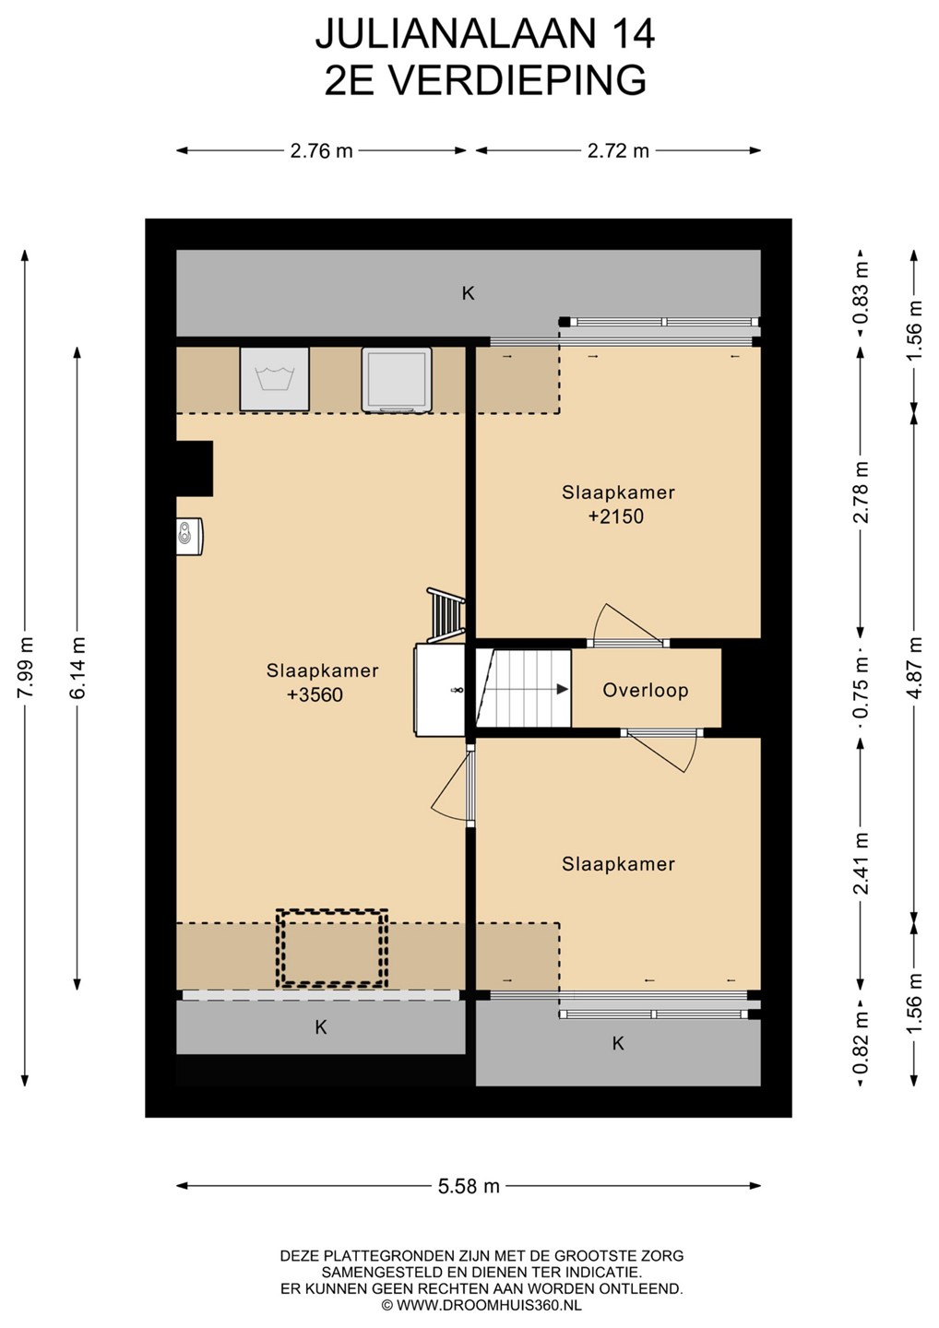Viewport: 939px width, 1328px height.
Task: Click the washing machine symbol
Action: pyautogui.click(x=275, y=379)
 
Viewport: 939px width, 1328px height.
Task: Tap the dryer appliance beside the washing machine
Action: pyautogui.click(x=397, y=379)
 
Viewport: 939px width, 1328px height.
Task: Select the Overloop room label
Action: pyautogui.click(x=646, y=690)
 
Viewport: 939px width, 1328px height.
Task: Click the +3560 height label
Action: pyautogui.click(x=315, y=694)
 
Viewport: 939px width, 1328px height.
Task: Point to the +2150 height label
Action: pyautogui.click(x=616, y=516)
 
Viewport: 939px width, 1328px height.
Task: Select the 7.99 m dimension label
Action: pyautogui.click(x=25, y=668)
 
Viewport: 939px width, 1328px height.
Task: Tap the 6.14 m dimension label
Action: pyautogui.click(x=77, y=668)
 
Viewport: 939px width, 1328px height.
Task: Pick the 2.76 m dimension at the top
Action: pyautogui.click(x=321, y=151)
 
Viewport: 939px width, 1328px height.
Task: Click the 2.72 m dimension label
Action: pyautogui.click(x=618, y=151)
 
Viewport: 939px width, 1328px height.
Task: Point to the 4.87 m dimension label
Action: pyautogui.click(x=914, y=668)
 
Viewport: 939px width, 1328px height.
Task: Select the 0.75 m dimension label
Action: pyautogui.click(x=861, y=687)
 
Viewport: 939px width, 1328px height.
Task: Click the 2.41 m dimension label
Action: pyautogui.click(x=861, y=862)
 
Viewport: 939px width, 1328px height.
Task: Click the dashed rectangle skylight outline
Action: pyautogui.click(x=332, y=949)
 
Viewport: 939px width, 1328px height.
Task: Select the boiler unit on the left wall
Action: pyautogui.click(x=190, y=537)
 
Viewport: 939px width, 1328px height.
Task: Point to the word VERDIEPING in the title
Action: pyautogui.click(x=516, y=80)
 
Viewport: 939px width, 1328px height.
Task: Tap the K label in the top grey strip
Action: pyautogui.click(x=469, y=293)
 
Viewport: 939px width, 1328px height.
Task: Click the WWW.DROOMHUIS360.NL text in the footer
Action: pyautogui.click(x=489, y=1306)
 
